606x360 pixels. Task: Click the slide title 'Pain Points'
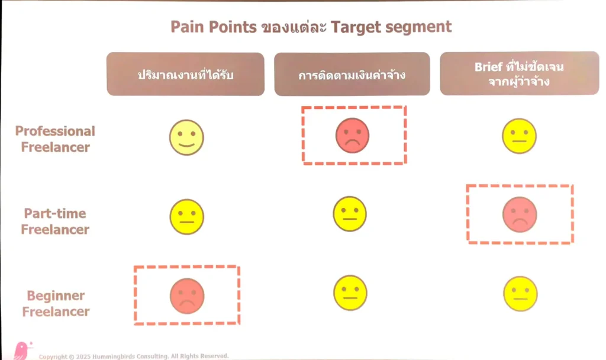click(x=213, y=27)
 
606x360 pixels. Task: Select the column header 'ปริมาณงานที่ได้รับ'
click(x=185, y=74)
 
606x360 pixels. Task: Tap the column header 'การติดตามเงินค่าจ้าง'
click(x=352, y=74)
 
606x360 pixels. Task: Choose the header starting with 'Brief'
click(x=520, y=73)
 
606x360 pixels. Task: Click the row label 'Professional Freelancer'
click(x=55, y=139)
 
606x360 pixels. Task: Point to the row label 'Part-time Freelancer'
click(x=55, y=221)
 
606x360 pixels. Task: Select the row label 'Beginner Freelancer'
click(x=56, y=304)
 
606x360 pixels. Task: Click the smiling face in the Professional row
click(x=186, y=137)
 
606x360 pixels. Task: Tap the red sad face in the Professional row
click(x=352, y=136)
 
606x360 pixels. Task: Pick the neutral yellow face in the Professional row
click(x=519, y=136)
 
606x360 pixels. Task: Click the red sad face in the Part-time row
click(x=520, y=214)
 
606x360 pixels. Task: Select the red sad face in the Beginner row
click(x=187, y=296)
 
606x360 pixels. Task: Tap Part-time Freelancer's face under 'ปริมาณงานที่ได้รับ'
click(x=186, y=217)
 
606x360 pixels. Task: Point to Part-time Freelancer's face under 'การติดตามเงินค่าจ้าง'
click(x=350, y=214)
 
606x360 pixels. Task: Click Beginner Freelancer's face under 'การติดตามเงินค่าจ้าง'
click(x=350, y=292)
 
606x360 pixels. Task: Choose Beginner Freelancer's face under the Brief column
click(x=520, y=294)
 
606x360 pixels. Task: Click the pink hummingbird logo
click(x=22, y=351)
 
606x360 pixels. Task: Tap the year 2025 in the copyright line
click(x=83, y=356)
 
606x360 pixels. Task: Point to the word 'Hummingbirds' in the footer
click(x=111, y=356)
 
